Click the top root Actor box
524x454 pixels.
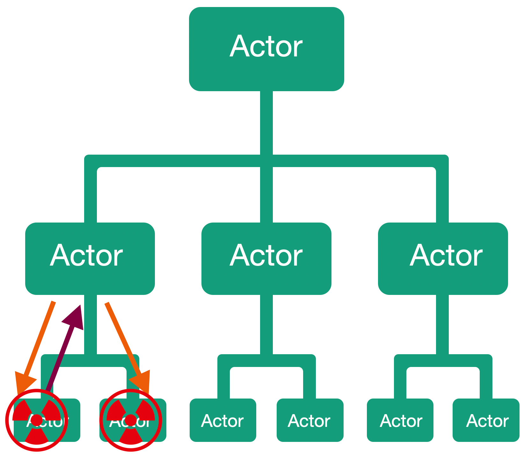[266, 49]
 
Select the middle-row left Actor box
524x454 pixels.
[90, 258]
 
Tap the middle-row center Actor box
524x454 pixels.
[266, 258]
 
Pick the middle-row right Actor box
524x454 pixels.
[443, 258]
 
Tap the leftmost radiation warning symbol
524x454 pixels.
[37, 420]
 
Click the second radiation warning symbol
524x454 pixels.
[131, 420]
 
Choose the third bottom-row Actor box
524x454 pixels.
[223, 420]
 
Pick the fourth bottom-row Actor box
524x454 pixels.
[310, 420]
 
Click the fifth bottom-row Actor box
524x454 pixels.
[400, 420]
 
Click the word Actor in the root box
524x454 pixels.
[266, 47]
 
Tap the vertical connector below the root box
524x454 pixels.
[266, 123]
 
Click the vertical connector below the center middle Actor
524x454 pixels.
[266, 324]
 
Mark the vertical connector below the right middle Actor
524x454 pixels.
[442, 324]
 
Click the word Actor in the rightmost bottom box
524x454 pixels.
[487, 421]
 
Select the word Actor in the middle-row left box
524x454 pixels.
[86, 256]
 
